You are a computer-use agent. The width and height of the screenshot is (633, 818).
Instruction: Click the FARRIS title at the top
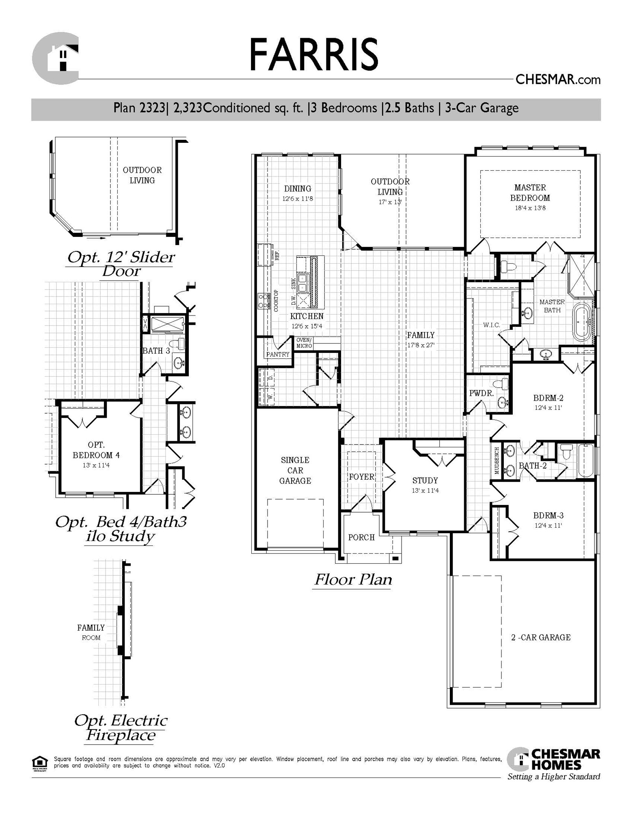coord(313,54)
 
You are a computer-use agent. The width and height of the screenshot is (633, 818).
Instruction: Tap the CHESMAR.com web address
coord(557,79)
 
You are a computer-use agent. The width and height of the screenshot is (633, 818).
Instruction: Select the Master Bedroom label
coord(530,193)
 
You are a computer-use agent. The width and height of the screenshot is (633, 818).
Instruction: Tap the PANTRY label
coord(278,354)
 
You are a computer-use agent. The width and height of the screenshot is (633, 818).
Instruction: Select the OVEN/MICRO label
coord(304,343)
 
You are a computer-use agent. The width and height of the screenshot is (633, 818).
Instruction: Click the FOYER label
coord(361,477)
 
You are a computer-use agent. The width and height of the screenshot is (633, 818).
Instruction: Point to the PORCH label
coord(361,537)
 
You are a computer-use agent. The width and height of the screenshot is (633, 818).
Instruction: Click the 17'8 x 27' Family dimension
coord(421,346)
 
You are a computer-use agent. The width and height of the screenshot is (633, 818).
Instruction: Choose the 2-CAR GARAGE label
coord(540,638)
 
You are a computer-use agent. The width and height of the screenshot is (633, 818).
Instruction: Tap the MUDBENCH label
coord(497,460)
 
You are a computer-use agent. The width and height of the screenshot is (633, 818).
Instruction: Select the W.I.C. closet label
coord(491,325)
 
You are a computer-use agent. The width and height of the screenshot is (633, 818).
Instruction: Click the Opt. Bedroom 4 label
coord(96,450)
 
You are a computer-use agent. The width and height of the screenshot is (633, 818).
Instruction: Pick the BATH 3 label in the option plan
coord(156,351)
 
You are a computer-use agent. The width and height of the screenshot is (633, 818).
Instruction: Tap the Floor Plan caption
coord(353,580)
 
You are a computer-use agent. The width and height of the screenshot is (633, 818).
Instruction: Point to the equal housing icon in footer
coord(39,763)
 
